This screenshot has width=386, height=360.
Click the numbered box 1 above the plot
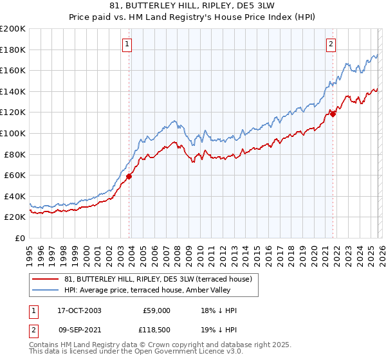point(127,44)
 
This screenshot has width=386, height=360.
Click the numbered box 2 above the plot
point(331,44)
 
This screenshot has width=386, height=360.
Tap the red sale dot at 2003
point(129,176)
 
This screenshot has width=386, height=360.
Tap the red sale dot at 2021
point(333,114)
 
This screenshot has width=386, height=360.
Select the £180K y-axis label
point(13,50)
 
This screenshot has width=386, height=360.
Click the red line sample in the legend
point(46,279)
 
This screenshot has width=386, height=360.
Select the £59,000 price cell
point(156,310)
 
